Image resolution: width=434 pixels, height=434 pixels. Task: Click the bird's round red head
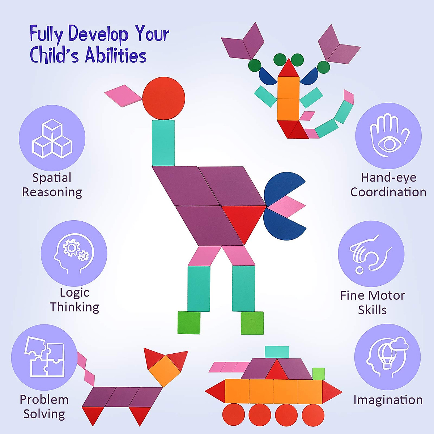tap(164, 98)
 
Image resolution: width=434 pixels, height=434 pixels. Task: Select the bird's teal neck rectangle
tap(163, 143)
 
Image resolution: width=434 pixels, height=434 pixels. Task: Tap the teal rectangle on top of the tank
tap(277, 352)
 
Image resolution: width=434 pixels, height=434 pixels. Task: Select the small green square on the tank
tap(318, 374)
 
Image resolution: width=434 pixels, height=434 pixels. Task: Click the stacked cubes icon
tap(52, 139)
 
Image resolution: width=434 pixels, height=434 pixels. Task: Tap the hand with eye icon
tap(388, 136)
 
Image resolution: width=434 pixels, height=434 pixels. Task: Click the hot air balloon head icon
tap(387, 356)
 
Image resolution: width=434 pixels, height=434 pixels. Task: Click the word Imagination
tap(388, 400)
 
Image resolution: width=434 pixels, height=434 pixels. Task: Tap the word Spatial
tap(52, 178)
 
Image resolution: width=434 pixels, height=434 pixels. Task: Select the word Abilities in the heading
tap(116, 56)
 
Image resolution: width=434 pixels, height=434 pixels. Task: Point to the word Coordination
tap(388, 192)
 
